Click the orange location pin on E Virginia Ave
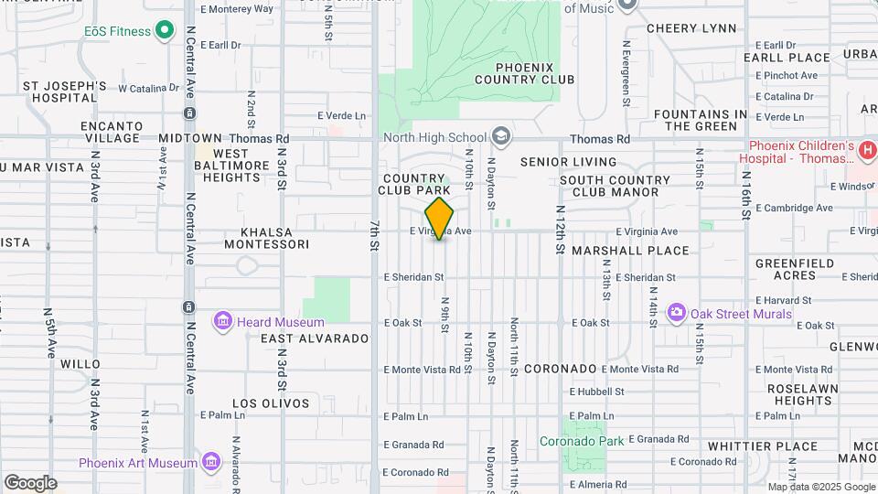440,218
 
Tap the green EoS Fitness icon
165,32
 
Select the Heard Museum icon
222,322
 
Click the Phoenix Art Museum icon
212,462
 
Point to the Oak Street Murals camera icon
677,314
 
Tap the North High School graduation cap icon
500,137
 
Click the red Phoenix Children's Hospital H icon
868,148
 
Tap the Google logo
30,483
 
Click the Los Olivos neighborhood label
271,403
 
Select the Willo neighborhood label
80,364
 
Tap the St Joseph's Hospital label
65,91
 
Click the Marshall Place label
630,251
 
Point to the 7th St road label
375,236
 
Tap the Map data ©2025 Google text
821,487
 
